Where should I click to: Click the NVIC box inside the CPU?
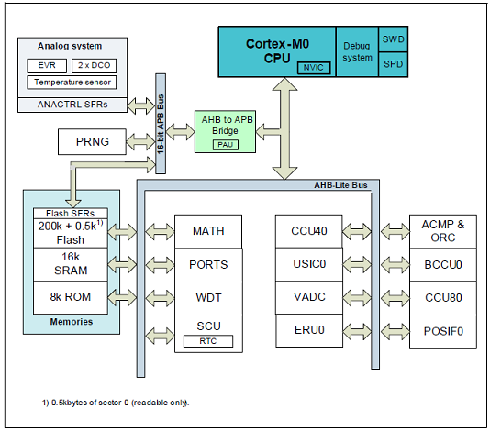(x=314, y=68)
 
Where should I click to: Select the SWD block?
(x=393, y=39)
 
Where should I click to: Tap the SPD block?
(x=393, y=64)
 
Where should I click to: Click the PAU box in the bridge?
(x=226, y=145)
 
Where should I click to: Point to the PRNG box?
(x=92, y=142)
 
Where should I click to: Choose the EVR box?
(x=47, y=66)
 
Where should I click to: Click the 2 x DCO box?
(x=95, y=66)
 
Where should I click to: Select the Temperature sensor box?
(x=72, y=83)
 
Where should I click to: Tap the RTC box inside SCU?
(x=208, y=341)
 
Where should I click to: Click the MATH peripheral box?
(x=208, y=231)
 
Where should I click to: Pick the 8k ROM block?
(x=71, y=297)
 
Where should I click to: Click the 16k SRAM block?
(x=71, y=264)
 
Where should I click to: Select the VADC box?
(x=309, y=297)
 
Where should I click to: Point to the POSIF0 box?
(x=443, y=332)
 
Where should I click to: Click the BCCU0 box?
(x=443, y=265)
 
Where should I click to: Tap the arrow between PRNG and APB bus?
(x=140, y=142)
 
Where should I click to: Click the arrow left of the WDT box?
(x=160, y=298)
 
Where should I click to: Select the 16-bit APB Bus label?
(x=161, y=125)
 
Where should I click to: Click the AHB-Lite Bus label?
(x=340, y=185)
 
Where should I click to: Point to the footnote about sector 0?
(x=116, y=403)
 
